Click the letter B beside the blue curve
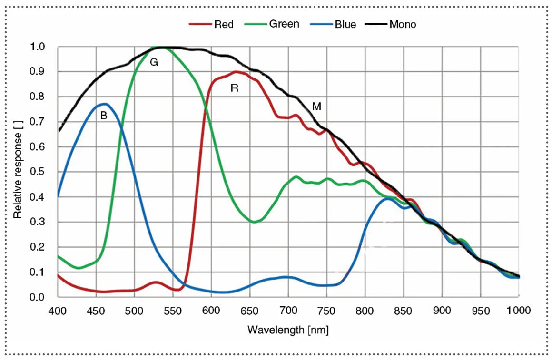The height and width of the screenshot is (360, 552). click(103, 115)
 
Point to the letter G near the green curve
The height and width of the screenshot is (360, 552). click(154, 62)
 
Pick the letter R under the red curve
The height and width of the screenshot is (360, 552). click(234, 88)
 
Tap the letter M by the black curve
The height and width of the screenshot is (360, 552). click(316, 107)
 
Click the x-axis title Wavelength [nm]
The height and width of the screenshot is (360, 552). click(288, 329)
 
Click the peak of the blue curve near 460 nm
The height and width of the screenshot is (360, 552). click(105, 104)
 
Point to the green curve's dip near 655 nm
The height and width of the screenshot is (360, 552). click(255, 222)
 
